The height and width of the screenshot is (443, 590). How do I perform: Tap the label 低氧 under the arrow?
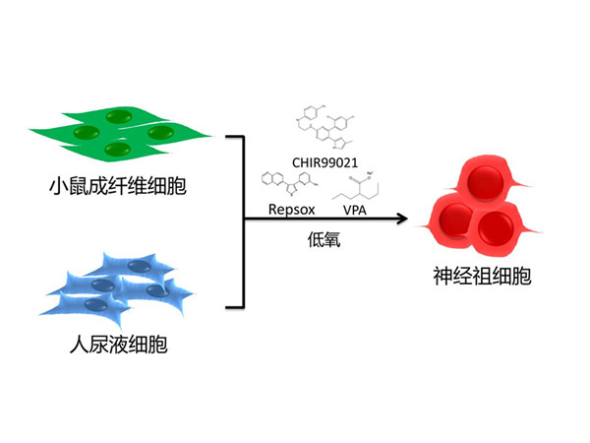pos(323,238)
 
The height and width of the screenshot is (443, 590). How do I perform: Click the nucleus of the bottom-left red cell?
pos(453,219)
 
